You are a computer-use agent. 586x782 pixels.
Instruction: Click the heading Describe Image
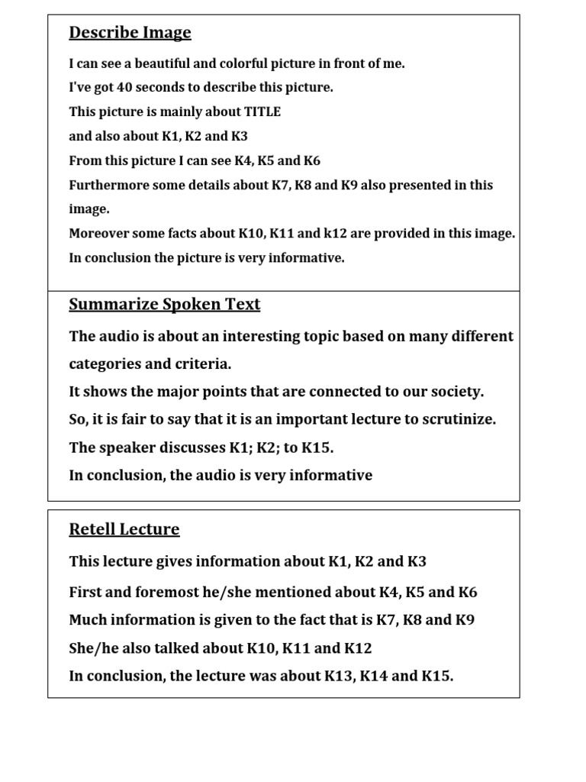pyautogui.click(x=130, y=33)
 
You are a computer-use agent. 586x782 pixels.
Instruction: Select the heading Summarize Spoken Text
pyautogui.click(x=164, y=305)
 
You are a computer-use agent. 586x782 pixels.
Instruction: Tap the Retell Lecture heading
pyautogui.click(x=124, y=529)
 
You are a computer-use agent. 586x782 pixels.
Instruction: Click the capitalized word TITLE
pyautogui.click(x=262, y=112)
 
